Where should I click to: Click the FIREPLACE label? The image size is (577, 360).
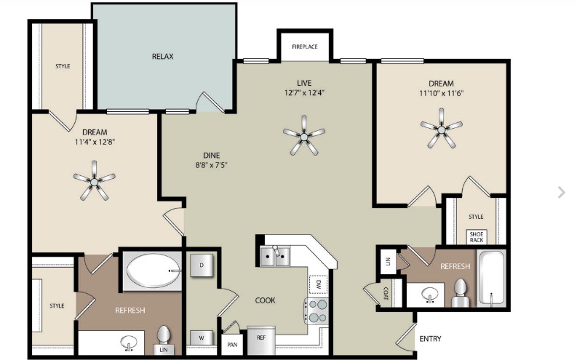click(305, 47)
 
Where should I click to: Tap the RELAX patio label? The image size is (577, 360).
click(163, 56)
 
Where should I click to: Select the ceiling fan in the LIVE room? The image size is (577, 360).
click(304, 136)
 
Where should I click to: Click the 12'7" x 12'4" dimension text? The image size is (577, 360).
click(304, 92)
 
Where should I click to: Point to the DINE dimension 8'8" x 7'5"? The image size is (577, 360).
click(211, 165)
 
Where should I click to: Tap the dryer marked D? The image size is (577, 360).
click(202, 265)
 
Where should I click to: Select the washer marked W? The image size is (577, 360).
click(202, 338)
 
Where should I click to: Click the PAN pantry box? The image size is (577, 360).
click(232, 345)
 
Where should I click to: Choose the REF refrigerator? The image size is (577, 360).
click(261, 340)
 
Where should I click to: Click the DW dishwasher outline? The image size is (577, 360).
click(318, 284)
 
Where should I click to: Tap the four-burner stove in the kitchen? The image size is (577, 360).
click(316, 311)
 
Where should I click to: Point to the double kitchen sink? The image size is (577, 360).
click(275, 256)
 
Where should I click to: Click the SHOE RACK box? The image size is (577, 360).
click(477, 237)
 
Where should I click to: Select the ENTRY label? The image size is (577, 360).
click(430, 339)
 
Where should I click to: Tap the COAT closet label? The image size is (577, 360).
click(386, 293)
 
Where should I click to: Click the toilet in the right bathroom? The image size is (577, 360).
click(460, 293)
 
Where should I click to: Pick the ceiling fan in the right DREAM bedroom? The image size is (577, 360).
click(441, 129)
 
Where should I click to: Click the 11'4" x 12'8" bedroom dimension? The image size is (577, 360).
click(95, 142)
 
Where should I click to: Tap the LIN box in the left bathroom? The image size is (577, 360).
click(164, 350)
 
